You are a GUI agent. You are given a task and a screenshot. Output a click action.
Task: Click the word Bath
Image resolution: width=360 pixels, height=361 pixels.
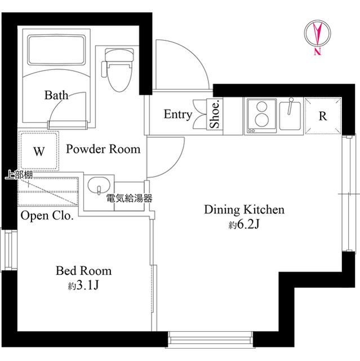[56, 95]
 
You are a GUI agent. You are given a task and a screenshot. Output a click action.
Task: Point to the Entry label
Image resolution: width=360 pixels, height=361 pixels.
[177, 115]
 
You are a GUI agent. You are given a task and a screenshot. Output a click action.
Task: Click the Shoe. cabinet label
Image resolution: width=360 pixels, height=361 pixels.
[215, 115]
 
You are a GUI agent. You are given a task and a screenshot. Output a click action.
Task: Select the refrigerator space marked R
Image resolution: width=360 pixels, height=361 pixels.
[322, 116]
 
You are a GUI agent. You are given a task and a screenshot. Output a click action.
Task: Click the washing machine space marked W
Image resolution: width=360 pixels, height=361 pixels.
[39, 151]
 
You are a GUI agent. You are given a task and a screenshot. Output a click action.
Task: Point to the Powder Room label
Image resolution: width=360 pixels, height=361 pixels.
[103, 149]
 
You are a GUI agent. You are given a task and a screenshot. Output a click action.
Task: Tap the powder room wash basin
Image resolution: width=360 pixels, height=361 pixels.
[99, 187]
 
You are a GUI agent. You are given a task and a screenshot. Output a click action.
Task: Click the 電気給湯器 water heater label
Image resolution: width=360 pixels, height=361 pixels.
[129, 199]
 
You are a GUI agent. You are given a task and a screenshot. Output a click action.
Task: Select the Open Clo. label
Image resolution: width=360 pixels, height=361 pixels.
[47, 216]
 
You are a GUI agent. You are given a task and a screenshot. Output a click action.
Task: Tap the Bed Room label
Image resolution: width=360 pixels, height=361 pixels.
[83, 271]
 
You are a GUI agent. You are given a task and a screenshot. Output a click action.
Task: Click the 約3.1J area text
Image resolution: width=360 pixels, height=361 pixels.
[83, 285]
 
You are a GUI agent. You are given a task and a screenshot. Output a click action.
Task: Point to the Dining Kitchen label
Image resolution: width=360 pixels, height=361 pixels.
[244, 210]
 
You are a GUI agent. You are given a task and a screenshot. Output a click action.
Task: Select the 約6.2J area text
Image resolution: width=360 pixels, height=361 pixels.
[243, 226]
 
